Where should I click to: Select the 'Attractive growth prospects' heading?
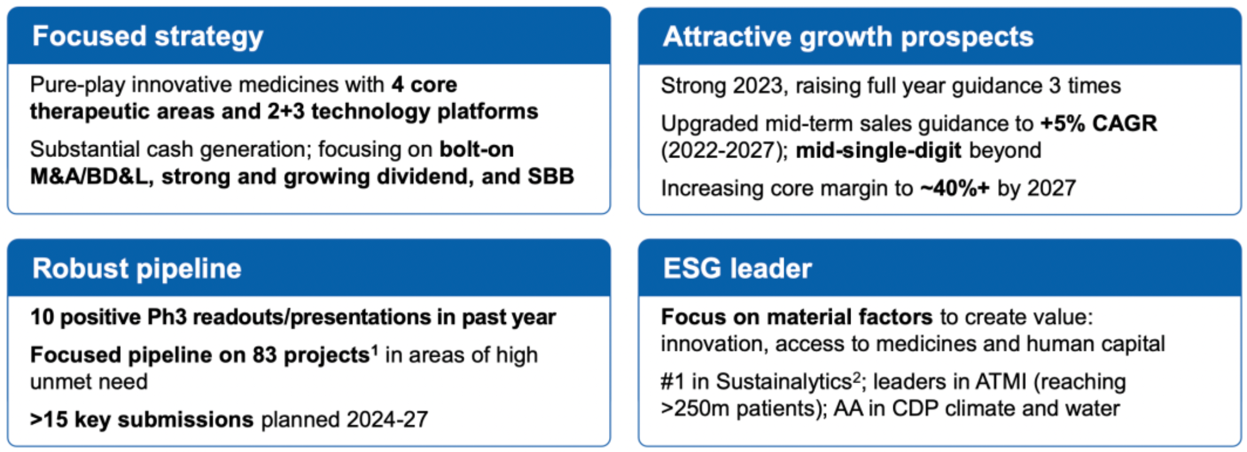[848, 37]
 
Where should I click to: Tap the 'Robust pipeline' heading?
[137, 268]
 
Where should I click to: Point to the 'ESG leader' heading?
[737, 268]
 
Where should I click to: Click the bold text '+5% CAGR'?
[1098, 123]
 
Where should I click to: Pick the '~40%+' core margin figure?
[955, 188]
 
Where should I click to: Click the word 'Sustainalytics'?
[784, 382]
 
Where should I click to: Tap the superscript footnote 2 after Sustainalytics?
[857, 377]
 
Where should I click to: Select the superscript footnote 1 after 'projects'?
[375, 350]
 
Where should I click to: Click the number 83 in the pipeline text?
[264, 355]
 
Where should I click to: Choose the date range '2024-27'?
[387, 420]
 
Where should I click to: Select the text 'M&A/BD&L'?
[89, 177]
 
